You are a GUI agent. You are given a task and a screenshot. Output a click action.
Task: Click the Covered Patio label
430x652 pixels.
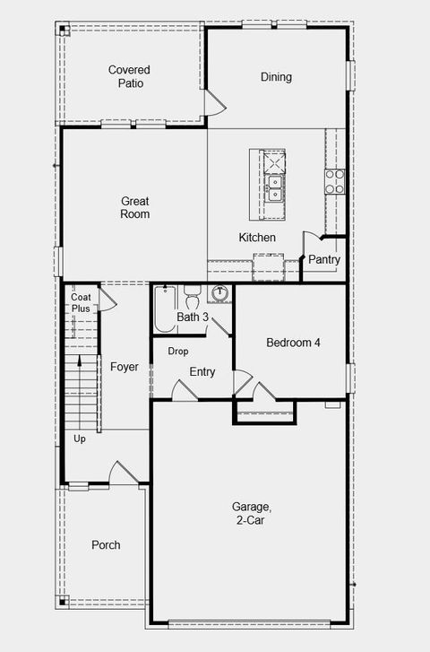click(129, 76)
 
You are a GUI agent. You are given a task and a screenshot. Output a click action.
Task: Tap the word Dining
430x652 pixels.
click(276, 77)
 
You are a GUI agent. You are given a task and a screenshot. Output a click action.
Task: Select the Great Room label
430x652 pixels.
click(135, 208)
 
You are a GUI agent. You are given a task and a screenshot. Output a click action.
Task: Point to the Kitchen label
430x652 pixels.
click(257, 238)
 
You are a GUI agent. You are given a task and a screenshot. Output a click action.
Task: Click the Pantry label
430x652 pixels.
click(324, 260)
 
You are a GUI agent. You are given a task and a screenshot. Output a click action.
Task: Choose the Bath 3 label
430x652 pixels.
click(193, 317)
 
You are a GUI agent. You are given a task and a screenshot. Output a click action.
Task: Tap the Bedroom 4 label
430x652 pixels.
click(292, 343)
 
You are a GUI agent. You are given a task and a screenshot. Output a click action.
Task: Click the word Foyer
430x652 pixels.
click(125, 367)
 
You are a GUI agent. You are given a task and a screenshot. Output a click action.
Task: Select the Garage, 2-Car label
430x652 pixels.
click(250, 514)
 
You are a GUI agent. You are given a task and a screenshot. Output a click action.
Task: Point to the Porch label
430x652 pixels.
click(106, 545)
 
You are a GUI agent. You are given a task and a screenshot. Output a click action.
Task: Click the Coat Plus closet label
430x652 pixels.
click(82, 302)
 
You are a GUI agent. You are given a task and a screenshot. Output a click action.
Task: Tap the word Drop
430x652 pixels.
click(178, 352)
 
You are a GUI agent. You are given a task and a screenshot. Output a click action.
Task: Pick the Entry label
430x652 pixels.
click(202, 372)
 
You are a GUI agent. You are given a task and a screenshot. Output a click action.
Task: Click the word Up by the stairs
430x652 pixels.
click(80, 439)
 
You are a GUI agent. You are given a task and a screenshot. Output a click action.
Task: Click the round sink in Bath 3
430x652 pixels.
click(221, 293)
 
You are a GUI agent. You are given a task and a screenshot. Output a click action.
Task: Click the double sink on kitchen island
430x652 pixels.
click(275, 187)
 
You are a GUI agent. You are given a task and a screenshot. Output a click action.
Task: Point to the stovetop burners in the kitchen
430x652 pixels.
click(335, 182)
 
